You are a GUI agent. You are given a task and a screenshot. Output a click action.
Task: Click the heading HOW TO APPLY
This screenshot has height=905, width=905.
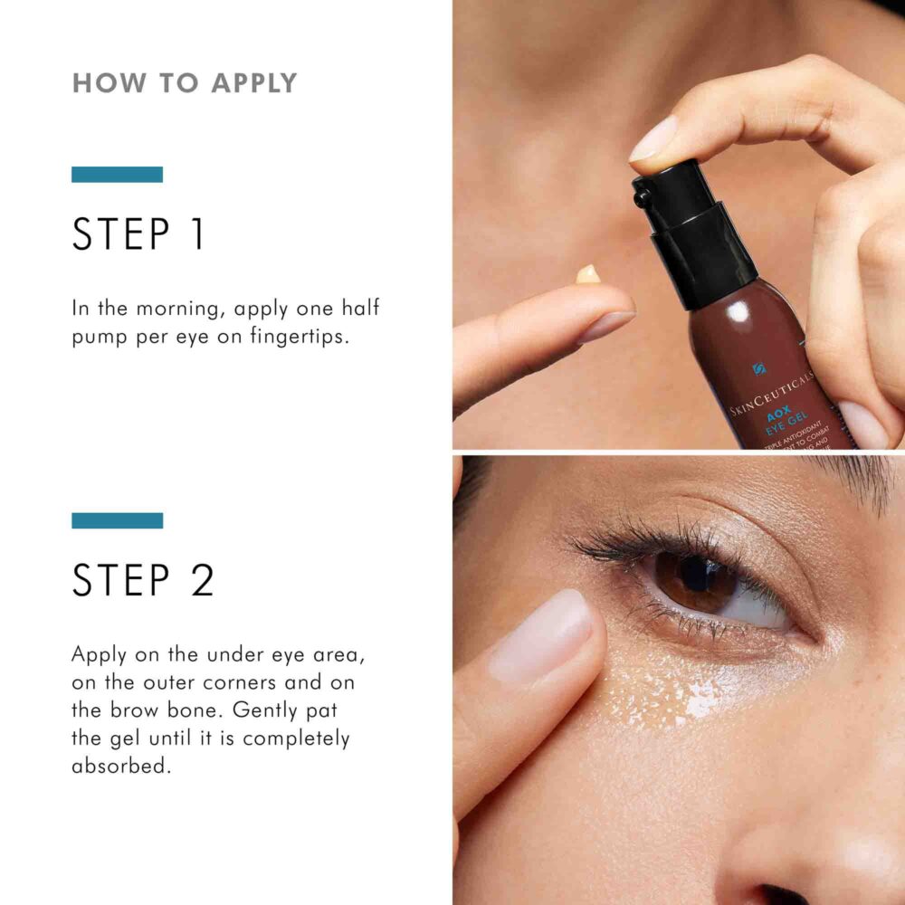pyautogui.click(x=185, y=83)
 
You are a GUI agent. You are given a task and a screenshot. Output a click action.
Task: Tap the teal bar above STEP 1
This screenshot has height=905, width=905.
pyautogui.click(x=117, y=175)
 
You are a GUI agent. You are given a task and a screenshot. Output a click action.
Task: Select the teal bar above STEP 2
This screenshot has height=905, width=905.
pyautogui.click(x=117, y=520)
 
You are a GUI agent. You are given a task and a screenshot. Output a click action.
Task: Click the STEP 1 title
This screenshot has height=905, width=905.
pyautogui.click(x=138, y=233)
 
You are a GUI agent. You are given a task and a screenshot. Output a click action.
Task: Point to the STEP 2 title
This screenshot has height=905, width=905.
pyautogui.click(x=143, y=580)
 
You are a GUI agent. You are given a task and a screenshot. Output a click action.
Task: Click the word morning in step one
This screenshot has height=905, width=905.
pyautogui.click(x=180, y=308)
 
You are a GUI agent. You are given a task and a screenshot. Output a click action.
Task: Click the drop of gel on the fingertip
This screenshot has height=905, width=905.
pyautogui.click(x=588, y=273)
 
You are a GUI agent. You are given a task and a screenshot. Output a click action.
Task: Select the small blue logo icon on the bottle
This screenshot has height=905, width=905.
pyautogui.click(x=757, y=369)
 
